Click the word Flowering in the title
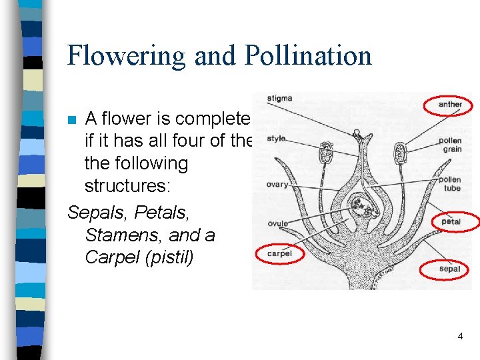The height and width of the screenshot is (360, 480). pyautogui.click(x=126, y=55)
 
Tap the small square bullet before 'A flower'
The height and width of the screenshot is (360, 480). pyautogui.click(x=73, y=120)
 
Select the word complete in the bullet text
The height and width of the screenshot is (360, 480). pyautogui.click(x=209, y=119)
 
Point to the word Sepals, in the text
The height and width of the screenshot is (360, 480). pyautogui.click(x=98, y=213)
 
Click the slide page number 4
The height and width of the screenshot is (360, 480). pyautogui.click(x=460, y=337)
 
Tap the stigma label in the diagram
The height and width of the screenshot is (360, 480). pyautogui.click(x=279, y=99)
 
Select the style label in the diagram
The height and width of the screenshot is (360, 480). pyautogui.click(x=276, y=139)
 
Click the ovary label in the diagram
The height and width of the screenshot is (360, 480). pyautogui.click(x=277, y=185)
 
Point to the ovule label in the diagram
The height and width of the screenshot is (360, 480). pyautogui.click(x=277, y=223)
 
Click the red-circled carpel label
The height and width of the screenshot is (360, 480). pyautogui.click(x=279, y=254)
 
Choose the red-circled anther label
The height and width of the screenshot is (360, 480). pyautogui.click(x=450, y=105)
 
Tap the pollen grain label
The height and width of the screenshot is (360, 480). pyautogui.click(x=450, y=145)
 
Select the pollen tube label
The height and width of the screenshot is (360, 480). pyautogui.click(x=450, y=184)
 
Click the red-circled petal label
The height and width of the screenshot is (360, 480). pyautogui.click(x=451, y=221)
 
